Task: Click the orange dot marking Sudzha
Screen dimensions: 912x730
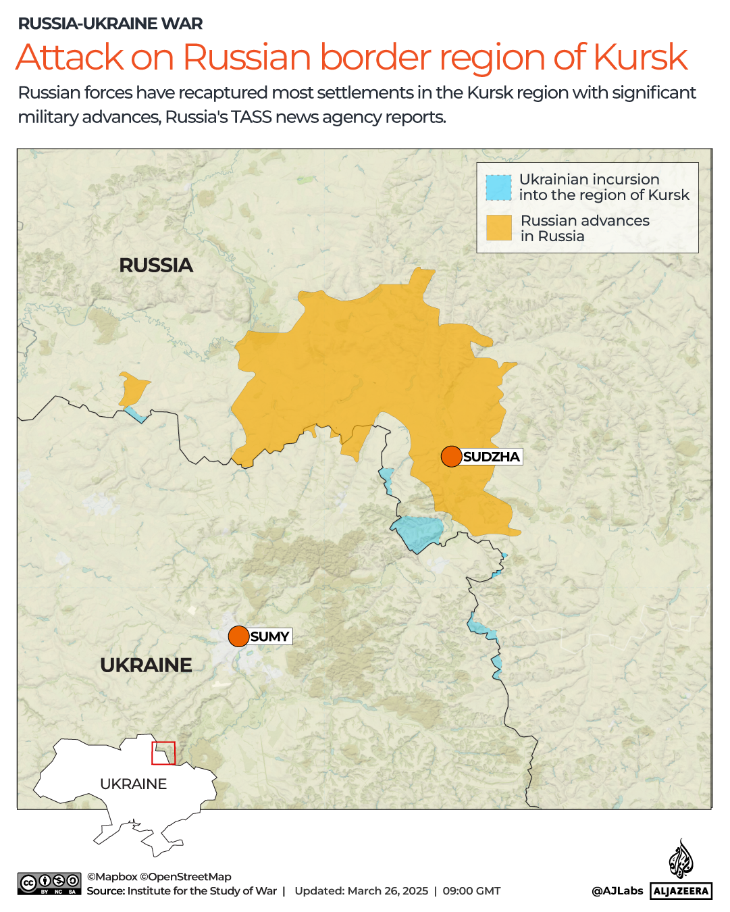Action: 451,457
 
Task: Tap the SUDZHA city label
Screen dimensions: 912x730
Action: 491,457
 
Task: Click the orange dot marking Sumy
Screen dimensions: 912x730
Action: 238,636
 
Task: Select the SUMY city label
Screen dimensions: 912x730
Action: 269,636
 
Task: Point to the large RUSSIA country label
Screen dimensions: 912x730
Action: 156,265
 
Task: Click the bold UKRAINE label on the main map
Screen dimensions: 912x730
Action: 146,665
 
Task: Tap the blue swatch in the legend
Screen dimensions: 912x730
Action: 498,188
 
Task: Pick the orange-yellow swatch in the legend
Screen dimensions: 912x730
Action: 498,228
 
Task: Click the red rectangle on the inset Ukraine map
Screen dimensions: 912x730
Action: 163,753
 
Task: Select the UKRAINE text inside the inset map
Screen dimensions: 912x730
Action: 133,784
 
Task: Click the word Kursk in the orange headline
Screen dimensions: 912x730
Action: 640,57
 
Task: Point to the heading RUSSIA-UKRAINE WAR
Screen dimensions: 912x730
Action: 110,24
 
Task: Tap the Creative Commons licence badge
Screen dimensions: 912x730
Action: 50,884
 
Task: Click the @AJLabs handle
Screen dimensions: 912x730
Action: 617,890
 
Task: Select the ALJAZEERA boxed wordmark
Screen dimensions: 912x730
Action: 681,891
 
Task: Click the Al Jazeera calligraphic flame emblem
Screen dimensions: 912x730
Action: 681,859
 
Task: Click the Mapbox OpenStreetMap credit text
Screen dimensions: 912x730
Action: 159,876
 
